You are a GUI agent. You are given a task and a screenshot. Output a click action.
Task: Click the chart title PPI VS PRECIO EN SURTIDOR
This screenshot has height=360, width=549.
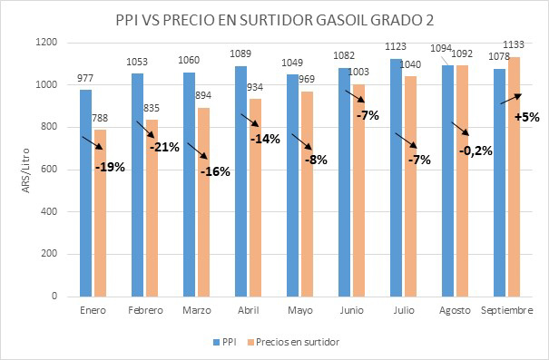point(274,19)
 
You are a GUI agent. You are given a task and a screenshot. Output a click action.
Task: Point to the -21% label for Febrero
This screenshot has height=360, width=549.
point(163,146)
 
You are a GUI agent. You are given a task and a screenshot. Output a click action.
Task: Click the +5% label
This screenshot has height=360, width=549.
point(526,115)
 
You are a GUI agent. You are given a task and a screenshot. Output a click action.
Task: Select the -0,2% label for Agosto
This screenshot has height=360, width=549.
point(474,151)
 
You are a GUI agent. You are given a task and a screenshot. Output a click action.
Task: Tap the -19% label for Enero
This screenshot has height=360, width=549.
point(110,167)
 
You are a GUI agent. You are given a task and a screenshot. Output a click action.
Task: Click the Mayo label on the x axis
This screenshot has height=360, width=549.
point(300,310)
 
